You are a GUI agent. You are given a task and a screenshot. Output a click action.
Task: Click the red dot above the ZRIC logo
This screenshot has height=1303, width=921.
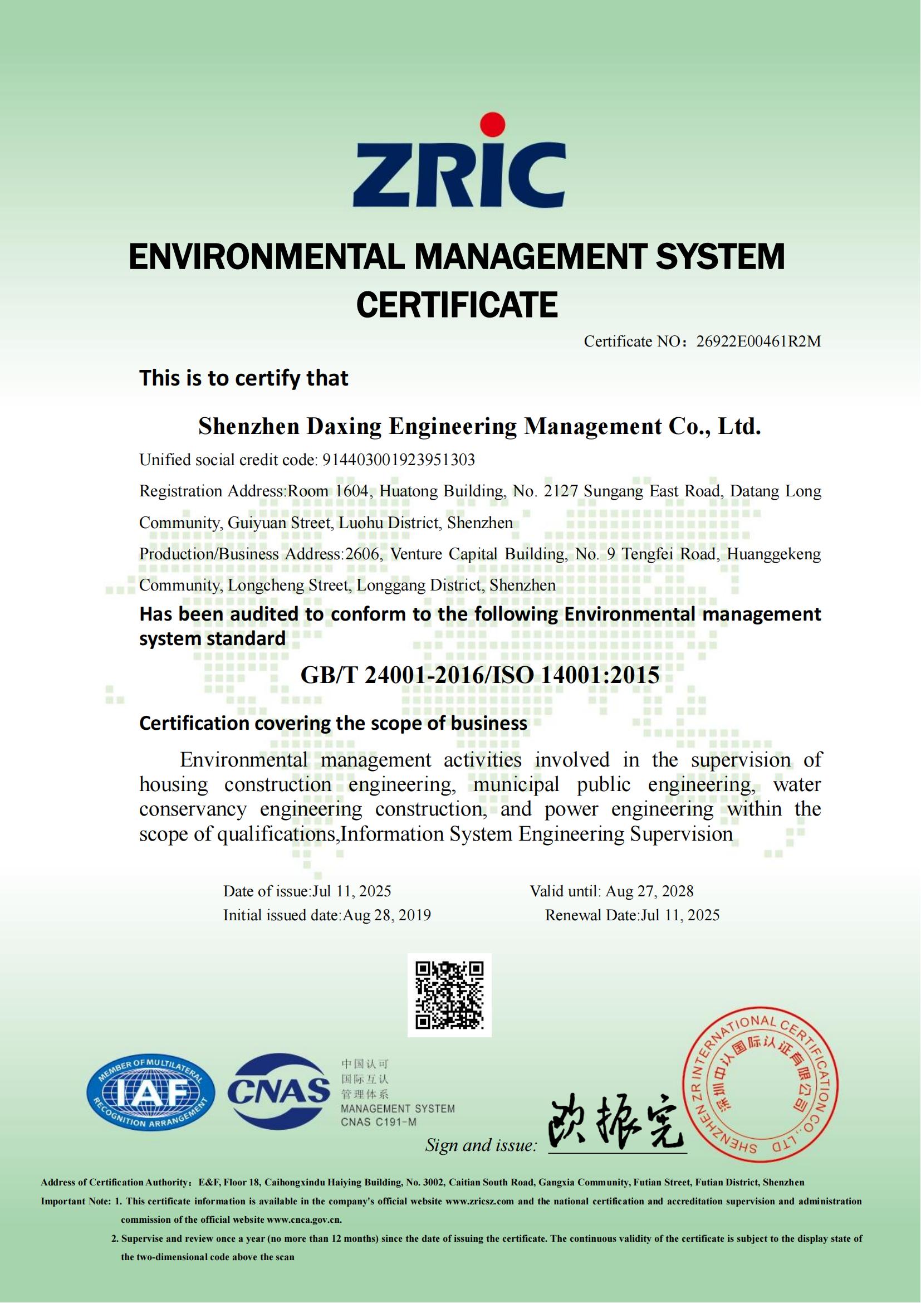(x=491, y=126)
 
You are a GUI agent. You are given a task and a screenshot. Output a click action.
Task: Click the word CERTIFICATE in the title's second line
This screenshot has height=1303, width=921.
(x=457, y=305)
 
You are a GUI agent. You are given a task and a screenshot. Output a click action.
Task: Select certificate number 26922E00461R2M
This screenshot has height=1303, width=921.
(x=758, y=341)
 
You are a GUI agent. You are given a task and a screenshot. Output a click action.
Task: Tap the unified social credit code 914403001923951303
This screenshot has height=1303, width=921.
(x=398, y=460)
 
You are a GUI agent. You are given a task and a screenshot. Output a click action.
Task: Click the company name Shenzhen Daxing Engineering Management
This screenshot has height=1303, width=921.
(x=429, y=427)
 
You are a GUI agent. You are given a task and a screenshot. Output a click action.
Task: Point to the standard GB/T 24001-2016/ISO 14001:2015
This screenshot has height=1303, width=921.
(x=480, y=675)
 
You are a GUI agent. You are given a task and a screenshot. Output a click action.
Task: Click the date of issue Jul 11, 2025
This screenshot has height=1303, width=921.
(x=352, y=891)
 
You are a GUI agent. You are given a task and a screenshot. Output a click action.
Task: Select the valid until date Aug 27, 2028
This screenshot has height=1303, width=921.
(x=649, y=891)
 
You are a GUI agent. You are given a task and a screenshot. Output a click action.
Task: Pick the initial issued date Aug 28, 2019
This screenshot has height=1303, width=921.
(x=387, y=915)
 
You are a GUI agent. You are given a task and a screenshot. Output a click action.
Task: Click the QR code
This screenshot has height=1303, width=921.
(x=449, y=995)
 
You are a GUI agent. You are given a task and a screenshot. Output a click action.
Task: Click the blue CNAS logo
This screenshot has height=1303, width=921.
(x=278, y=1091)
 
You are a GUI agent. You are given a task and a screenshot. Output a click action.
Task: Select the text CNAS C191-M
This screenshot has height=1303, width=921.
(x=378, y=1122)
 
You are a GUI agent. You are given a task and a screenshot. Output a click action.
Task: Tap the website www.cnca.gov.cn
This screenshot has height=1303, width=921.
(x=304, y=1219)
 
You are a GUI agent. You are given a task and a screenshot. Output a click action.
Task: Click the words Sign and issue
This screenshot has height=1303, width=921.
(x=481, y=1145)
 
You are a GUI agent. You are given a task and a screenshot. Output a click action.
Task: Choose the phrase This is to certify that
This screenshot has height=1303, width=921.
(x=244, y=378)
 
